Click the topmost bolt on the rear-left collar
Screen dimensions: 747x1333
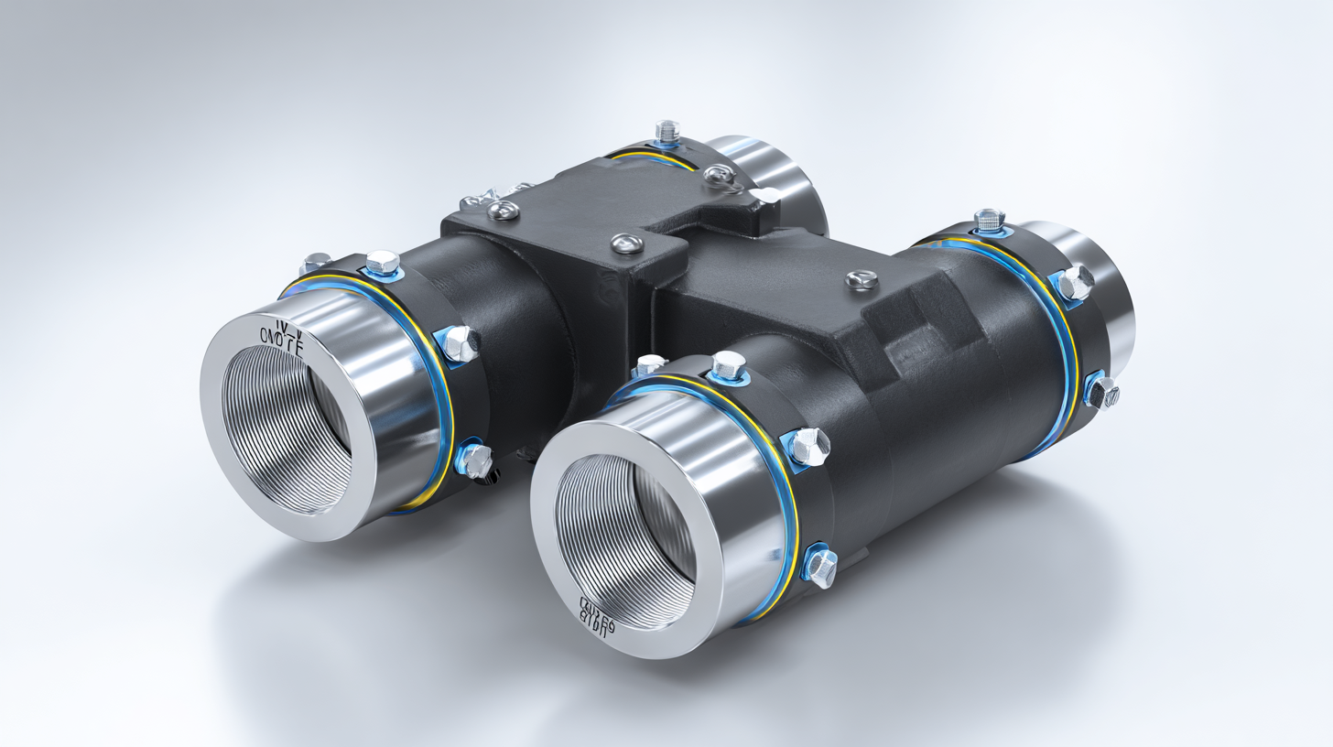(667, 131)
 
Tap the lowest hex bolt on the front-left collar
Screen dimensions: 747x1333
(474, 460)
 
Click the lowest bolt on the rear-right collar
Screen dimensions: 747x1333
(1102, 393)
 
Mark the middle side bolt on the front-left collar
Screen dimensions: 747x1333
(459, 343)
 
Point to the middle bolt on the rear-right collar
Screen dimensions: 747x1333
(1073, 284)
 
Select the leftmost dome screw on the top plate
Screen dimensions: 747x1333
(503, 211)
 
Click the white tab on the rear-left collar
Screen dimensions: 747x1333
(768, 195)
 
